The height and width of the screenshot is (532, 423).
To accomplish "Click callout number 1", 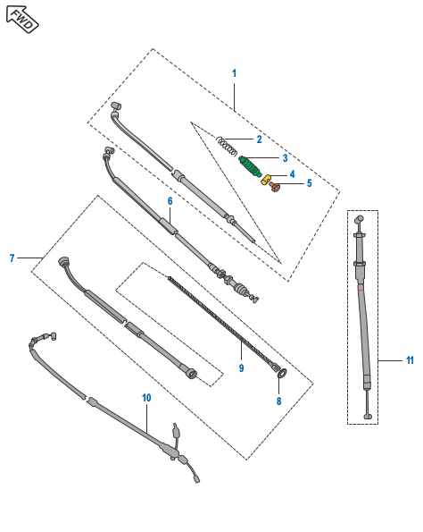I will click(234, 72).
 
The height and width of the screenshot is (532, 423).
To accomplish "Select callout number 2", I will click(259, 139).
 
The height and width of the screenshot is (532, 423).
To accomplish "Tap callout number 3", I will click(285, 158).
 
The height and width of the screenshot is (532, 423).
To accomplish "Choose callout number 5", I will click(309, 183).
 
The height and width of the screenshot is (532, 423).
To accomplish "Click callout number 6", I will click(170, 202).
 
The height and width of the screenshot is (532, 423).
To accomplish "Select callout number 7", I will click(12, 258).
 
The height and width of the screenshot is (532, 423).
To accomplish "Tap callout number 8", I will click(278, 402).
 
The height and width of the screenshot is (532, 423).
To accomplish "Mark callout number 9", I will click(240, 367).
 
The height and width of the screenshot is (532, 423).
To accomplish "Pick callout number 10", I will click(146, 397).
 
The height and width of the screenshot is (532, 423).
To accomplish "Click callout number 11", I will click(410, 361).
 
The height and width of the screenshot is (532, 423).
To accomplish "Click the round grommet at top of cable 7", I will click(64, 262).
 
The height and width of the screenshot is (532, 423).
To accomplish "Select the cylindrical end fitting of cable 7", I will click(189, 372).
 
